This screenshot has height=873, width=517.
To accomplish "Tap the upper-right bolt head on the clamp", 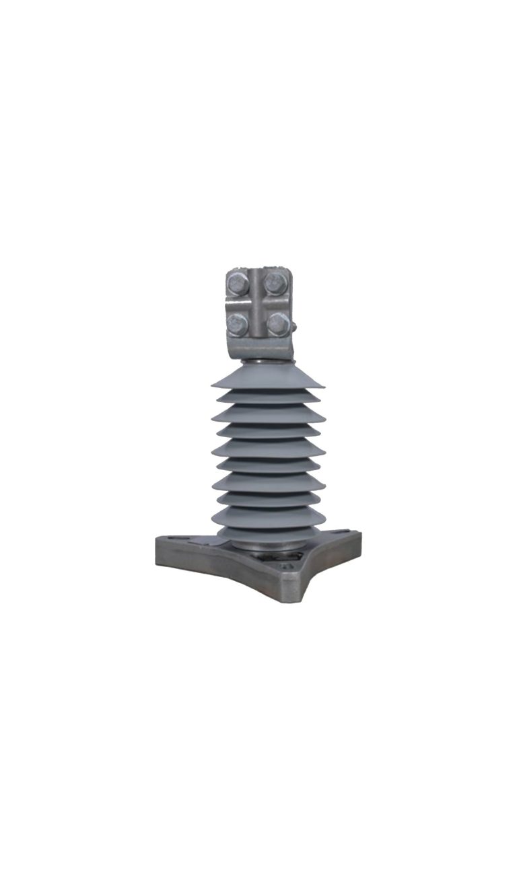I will click(273, 282).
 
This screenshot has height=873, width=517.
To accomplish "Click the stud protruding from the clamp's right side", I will click(294, 328).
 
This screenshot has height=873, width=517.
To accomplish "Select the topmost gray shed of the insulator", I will click(267, 377).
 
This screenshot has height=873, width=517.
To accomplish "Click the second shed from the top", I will click(267, 397).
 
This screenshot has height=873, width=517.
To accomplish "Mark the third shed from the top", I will click(268, 414).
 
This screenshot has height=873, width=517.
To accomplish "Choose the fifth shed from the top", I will click(268, 447).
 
